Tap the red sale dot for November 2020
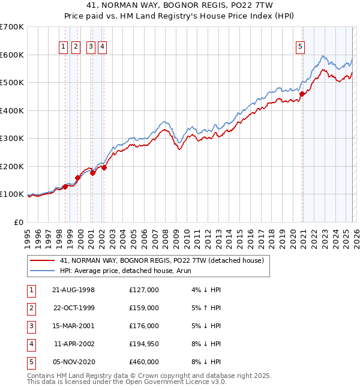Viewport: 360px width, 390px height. click(302, 94)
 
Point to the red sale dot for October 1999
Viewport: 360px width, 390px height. click(78, 178)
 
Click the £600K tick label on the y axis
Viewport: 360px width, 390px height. click(11, 55)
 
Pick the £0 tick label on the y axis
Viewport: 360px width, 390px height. click(19, 222)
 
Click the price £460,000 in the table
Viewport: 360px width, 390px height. click(144, 362)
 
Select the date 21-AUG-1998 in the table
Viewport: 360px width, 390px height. click(73, 290)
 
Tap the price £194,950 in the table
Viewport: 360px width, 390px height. click(144, 344)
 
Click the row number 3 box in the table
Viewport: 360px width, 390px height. click(31, 326)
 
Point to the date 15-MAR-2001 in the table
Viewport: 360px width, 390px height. click(73, 326)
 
